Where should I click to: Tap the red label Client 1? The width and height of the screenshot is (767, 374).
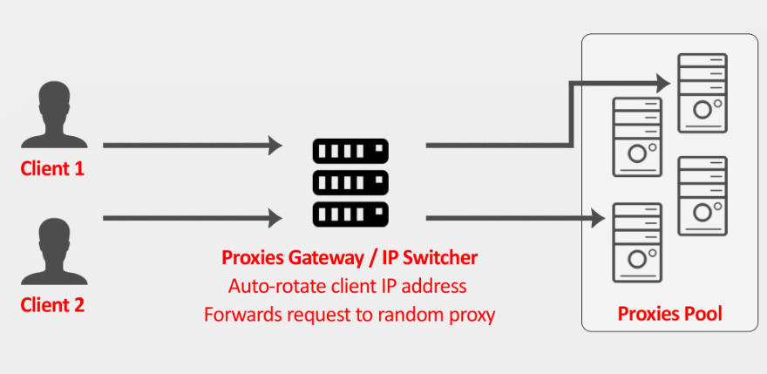pyautogui.click(x=52, y=168)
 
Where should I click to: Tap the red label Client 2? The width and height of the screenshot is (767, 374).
pyautogui.click(x=52, y=304)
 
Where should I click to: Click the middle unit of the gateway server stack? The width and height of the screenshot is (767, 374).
pyautogui.click(x=350, y=182)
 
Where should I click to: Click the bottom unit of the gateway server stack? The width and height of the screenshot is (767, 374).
pyautogui.click(x=350, y=212)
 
